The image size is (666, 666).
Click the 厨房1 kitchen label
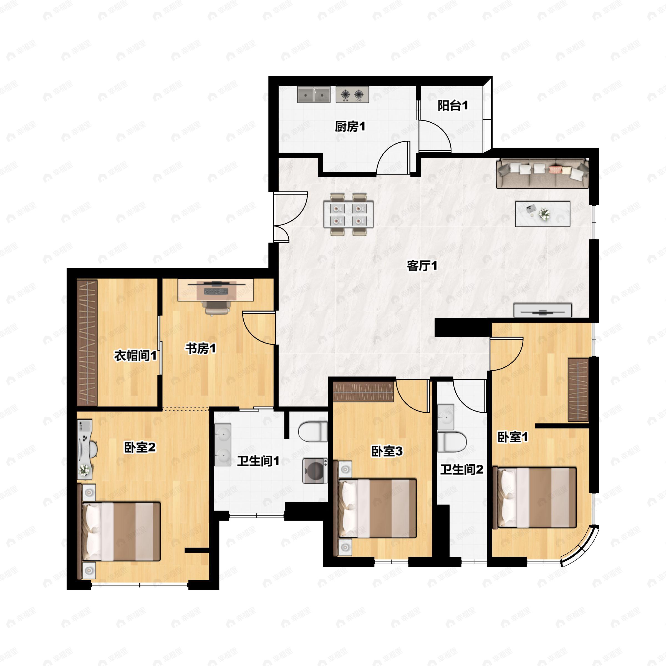point(350,127)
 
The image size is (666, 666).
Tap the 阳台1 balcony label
point(453,105)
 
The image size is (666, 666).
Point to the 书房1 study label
point(201,349)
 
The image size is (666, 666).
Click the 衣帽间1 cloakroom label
point(135,355)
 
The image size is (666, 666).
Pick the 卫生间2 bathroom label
point(461,469)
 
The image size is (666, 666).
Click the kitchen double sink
point(314,94)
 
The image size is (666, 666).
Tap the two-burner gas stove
point(352,94)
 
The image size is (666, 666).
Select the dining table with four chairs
point(348,215)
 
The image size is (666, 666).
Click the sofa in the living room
point(543,173)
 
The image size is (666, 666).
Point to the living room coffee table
point(543,214)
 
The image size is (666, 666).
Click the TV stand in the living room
point(543,310)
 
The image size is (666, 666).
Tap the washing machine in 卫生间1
point(315,471)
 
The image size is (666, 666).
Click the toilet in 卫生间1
point(313,431)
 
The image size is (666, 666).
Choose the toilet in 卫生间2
point(452,442)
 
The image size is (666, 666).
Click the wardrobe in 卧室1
point(578,390)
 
